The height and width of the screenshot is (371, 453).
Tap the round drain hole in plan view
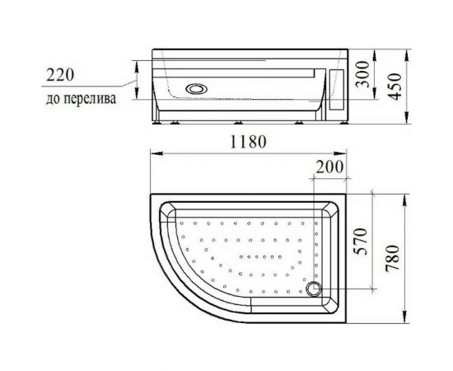click(x=313, y=288)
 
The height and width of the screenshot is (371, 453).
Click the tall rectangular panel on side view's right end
click(x=335, y=91)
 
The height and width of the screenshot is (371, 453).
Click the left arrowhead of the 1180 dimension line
click(x=152, y=153)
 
